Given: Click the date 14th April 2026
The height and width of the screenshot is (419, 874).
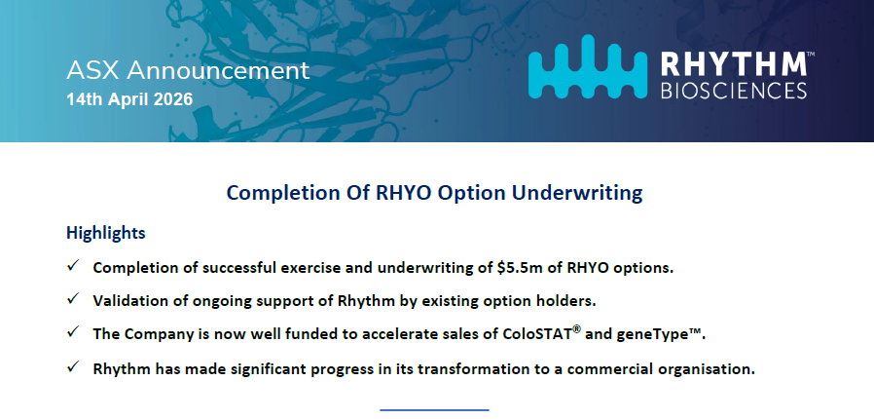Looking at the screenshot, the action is click(x=129, y=99).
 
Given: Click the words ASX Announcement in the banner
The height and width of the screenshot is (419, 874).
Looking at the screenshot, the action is click(x=188, y=71).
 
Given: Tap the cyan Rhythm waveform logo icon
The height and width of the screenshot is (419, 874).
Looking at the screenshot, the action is click(x=588, y=66).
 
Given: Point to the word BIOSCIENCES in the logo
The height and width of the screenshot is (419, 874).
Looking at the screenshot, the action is click(x=734, y=91).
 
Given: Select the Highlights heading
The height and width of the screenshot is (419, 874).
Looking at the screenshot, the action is click(x=106, y=233).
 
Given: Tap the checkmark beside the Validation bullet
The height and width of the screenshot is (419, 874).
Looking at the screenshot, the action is click(x=73, y=299).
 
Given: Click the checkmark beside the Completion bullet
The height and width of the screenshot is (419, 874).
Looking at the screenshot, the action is click(x=73, y=266).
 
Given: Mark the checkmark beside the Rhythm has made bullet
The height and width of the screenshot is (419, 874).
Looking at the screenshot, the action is click(x=73, y=367).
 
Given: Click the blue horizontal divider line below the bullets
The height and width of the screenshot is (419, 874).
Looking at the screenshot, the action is click(x=435, y=410).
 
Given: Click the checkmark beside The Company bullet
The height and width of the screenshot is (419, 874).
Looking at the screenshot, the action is click(x=73, y=332).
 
